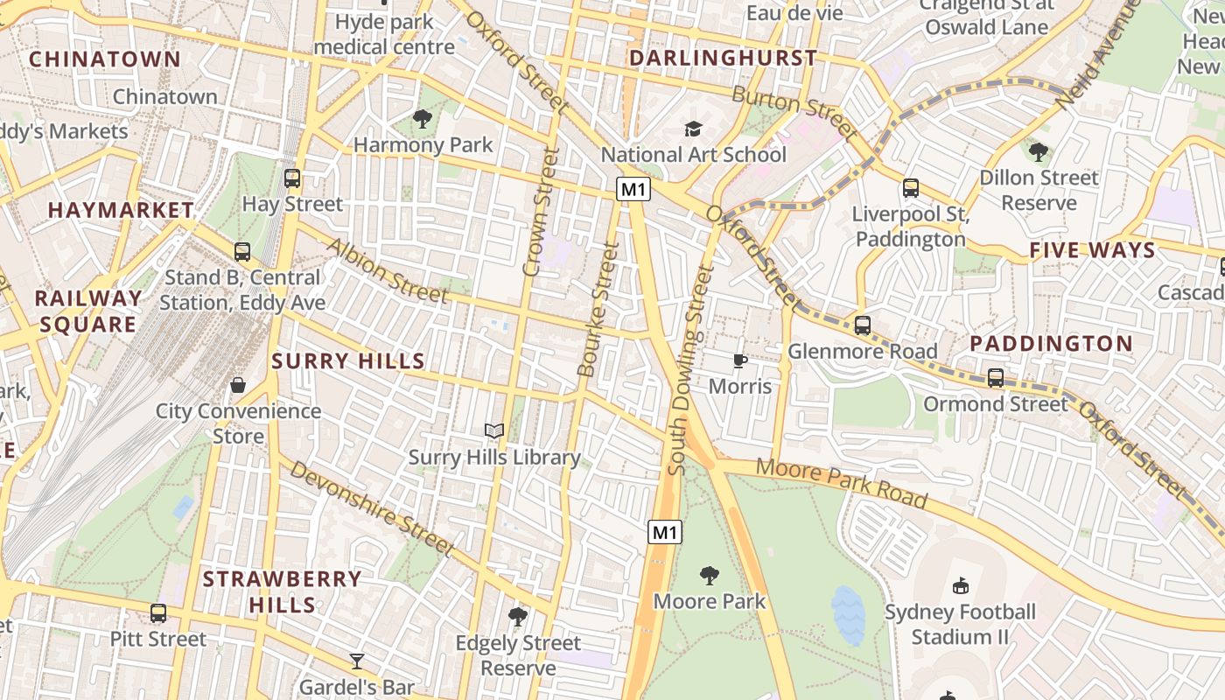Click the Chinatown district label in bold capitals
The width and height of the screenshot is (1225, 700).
pyautogui.click(x=105, y=59)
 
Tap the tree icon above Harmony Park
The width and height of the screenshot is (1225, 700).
pyautogui.click(x=423, y=118)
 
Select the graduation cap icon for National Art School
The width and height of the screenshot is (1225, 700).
pyautogui.click(x=694, y=129)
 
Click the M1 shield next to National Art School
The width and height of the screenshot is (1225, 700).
pyautogui.click(x=633, y=189)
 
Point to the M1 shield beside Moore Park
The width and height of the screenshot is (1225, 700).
pyautogui.click(x=665, y=531)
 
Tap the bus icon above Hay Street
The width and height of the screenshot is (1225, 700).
pyautogui.click(x=292, y=178)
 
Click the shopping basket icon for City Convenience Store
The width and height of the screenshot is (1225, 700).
pyautogui.click(x=238, y=385)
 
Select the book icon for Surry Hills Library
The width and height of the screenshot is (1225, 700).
pyautogui.click(x=494, y=430)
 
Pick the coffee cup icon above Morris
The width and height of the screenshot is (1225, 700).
pyautogui.click(x=740, y=360)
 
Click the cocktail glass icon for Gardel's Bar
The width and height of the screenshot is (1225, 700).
pyautogui.click(x=357, y=661)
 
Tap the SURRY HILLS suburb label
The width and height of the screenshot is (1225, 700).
pyautogui.click(x=348, y=360)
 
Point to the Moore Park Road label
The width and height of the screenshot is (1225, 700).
pyautogui.click(x=841, y=482)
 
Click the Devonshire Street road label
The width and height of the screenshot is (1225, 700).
pyautogui.click(x=373, y=508)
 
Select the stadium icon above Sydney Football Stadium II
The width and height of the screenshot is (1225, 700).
pyautogui.click(x=960, y=585)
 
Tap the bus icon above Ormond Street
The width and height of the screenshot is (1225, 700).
pyautogui.click(x=996, y=378)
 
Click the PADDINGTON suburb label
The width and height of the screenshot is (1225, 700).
pyautogui.click(x=1051, y=343)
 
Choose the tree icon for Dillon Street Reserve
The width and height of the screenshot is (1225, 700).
pyautogui.click(x=1039, y=152)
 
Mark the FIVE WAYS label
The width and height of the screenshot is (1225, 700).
pyautogui.click(x=1092, y=250)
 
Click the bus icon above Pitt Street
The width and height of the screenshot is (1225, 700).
pyautogui.click(x=158, y=613)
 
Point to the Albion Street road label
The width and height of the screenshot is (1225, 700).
pyautogui.click(x=387, y=270)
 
